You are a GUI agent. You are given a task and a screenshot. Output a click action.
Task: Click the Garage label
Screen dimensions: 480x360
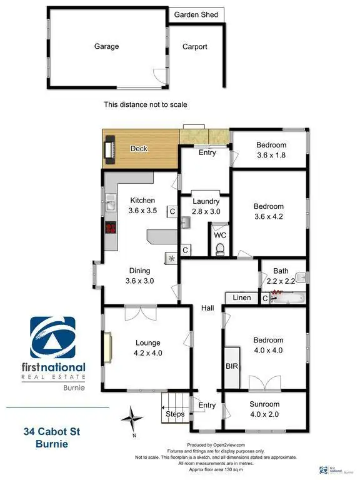click(x=106, y=46)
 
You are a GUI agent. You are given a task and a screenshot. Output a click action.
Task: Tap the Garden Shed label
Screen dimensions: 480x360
click(x=196, y=14)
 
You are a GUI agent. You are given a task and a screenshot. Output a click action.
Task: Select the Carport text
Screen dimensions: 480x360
click(x=194, y=47)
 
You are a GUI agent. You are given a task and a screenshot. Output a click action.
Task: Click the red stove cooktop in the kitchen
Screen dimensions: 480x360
click(x=111, y=228)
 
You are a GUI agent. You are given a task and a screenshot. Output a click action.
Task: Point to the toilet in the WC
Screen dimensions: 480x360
click(x=220, y=249)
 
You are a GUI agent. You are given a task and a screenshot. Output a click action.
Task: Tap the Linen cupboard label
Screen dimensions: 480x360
click(x=242, y=298)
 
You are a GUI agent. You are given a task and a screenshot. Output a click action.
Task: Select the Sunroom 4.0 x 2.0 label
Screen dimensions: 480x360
click(x=265, y=409)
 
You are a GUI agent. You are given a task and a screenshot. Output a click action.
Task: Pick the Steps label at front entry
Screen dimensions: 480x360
click(x=174, y=414)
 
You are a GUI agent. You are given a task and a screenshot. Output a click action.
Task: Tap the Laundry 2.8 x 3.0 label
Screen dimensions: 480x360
click(x=206, y=206)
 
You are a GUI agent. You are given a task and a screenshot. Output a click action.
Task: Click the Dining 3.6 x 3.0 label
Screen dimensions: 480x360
click(x=140, y=276)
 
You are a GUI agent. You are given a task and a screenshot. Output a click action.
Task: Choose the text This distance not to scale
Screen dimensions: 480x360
click(x=145, y=105)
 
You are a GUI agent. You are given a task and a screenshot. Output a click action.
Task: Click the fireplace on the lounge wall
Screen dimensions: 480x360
click(x=108, y=348)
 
